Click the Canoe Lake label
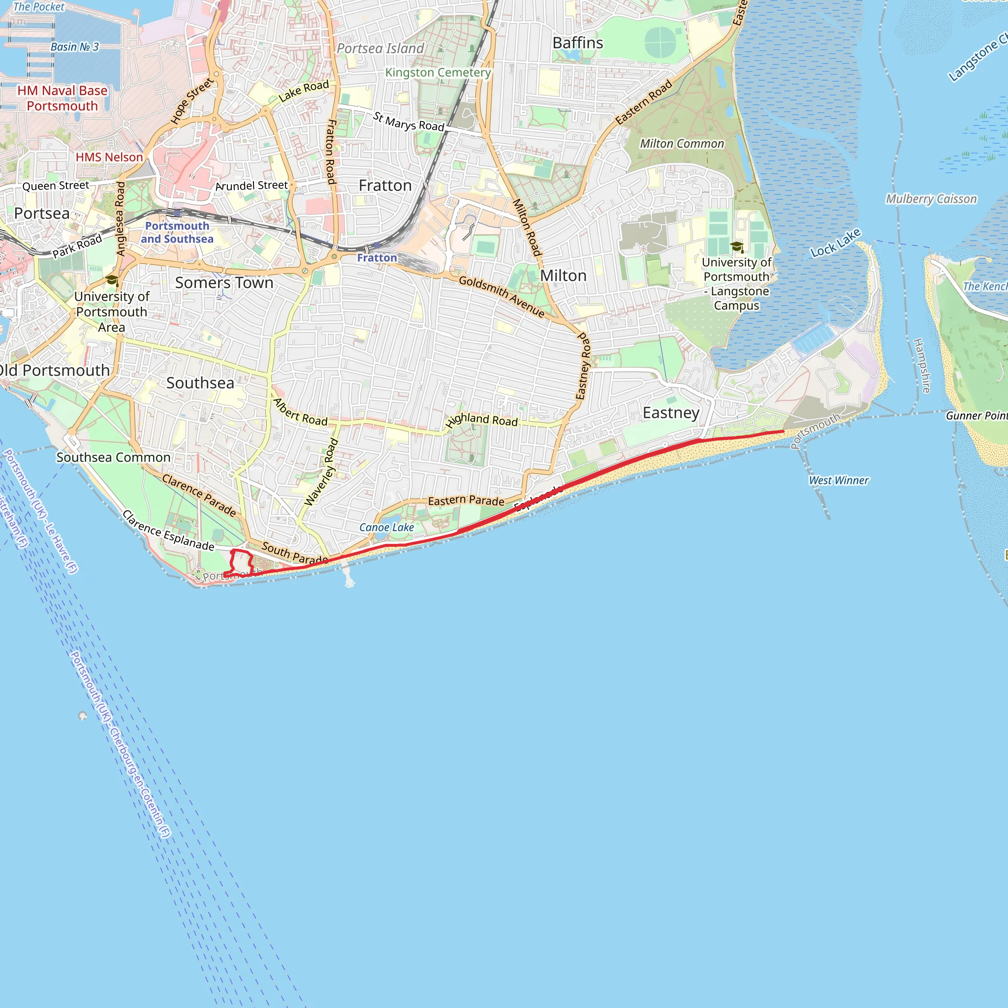[x=386, y=528]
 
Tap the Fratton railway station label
[x=377, y=258]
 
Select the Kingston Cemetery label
[x=438, y=72]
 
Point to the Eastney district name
[x=671, y=412]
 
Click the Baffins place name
[x=577, y=43]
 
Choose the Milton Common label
[x=682, y=144]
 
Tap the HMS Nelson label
[x=109, y=157]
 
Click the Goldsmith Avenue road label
[x=502, y=296]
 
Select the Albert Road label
[x=301, y=411]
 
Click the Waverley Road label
[x=321, y=472]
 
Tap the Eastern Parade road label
[x=466, y=501]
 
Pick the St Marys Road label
[x=409, y=122]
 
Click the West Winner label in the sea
[x=838, y=480]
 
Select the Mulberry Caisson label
[x=931, y=199]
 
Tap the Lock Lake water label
[x=835, y=243]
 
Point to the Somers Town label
[x=224, y=283]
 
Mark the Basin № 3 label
[x=75, y=47]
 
